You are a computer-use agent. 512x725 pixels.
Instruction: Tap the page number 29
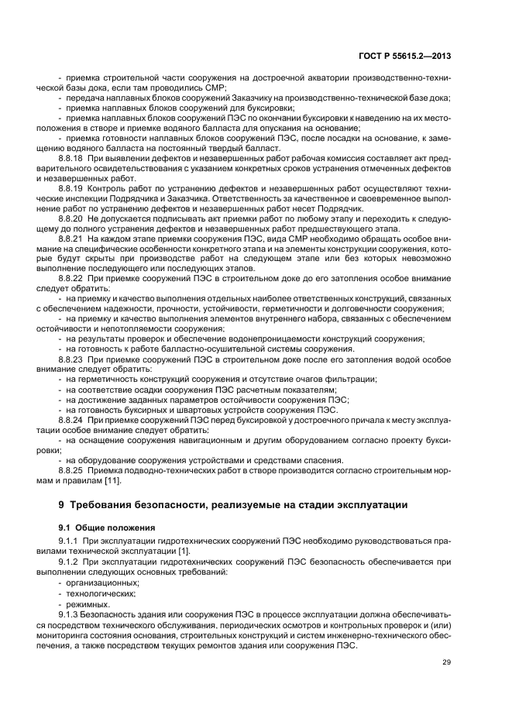pyautogui.click(x=446, y=662)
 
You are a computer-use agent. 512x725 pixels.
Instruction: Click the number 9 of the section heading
pyautogui.click(x=61, y=505)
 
